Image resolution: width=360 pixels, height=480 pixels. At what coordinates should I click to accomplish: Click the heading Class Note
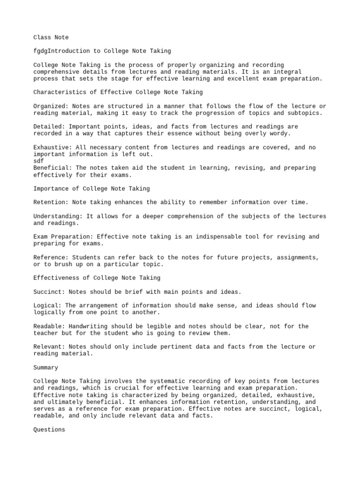(51, 37)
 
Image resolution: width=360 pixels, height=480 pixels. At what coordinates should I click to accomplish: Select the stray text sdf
(39, 161)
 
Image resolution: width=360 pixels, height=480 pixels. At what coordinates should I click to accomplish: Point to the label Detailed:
(49, 127)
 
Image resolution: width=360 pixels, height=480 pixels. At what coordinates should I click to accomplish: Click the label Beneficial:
(52, 168)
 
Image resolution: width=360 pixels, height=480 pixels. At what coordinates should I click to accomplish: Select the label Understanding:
(58, 216)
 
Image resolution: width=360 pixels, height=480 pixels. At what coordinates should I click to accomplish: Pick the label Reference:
(51, 257)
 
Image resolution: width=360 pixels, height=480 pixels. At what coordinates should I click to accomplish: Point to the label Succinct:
(49, 292)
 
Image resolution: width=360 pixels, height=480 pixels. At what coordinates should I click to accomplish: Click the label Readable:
(49, 326)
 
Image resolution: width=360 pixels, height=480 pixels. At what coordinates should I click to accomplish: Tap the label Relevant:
(49, 347)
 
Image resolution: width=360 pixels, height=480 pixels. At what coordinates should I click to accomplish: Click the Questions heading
(49, 429)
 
